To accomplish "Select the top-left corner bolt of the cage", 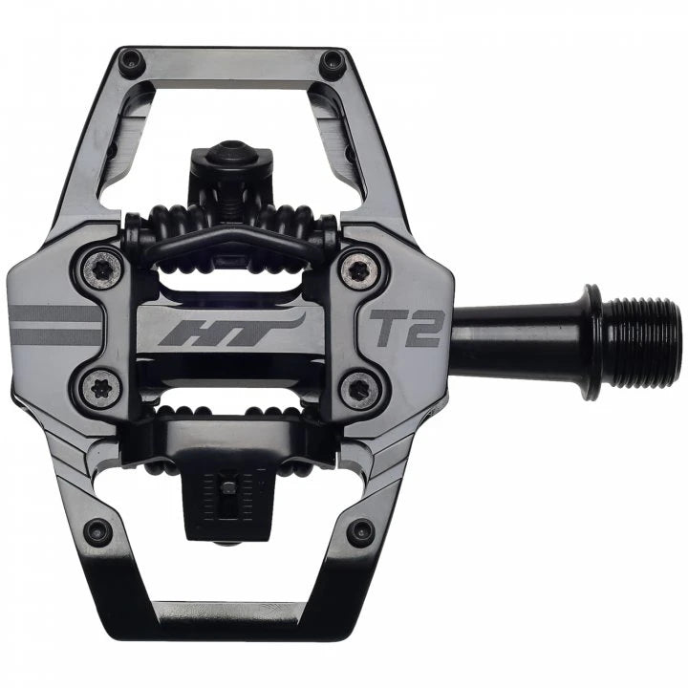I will coord(130,61).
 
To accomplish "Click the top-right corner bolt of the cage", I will coord(333,63).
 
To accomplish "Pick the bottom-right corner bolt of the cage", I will coord(360,531).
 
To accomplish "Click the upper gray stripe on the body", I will coord(57,313).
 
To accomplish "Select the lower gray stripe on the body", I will coord(57,336).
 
